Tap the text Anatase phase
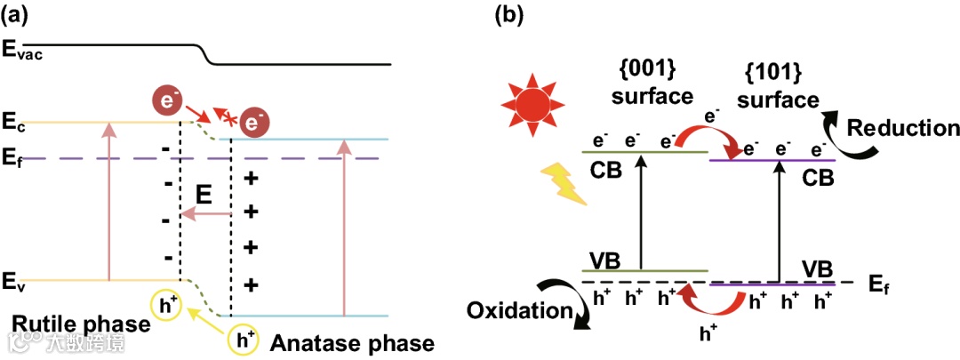tap(352, 343)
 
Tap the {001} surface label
tap(653, 83)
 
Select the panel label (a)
tap(19, 16)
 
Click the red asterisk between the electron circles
tap(228, 118)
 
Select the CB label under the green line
tap(610, 169)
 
